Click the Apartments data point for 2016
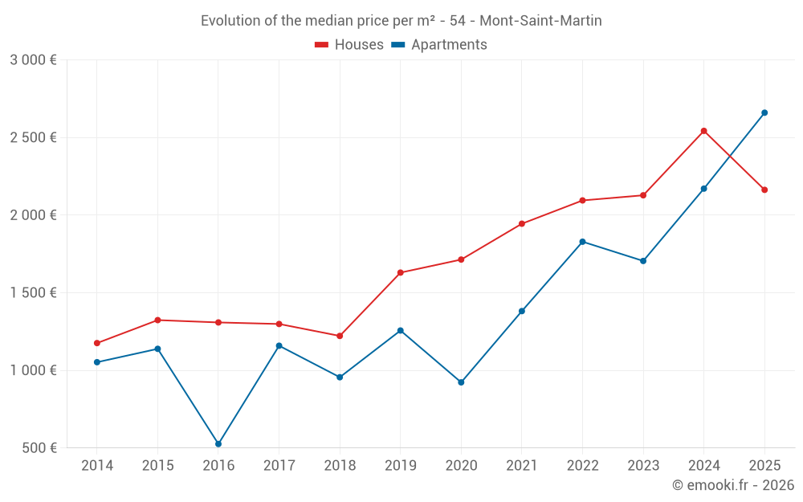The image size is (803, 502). pos(218,444)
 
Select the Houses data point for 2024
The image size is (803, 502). pos(703,131)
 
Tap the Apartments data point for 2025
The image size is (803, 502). pos(764,112)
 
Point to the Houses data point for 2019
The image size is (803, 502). pos(401,272)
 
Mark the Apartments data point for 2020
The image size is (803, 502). pos(461,382)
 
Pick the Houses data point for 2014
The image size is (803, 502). pos(97,343)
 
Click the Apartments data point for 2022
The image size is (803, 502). pos(582,242)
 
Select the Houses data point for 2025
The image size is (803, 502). pos(764,190)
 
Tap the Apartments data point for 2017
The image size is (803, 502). pos(279,345)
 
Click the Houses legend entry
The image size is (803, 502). pos(349,45)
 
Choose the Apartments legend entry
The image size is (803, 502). pos(439,45)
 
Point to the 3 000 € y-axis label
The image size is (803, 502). pos(33,60)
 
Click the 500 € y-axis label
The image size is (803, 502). pos(39,448)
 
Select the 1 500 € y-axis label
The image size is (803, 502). pos(33,293)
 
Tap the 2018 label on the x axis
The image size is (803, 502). pos(340,466)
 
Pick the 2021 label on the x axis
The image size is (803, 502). pos(522,466)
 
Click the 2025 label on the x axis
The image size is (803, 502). pos(764,466)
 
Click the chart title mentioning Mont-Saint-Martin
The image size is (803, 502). pos(401,21)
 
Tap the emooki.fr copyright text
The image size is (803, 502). pos(733,485)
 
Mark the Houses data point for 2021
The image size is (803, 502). pos(522,223)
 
